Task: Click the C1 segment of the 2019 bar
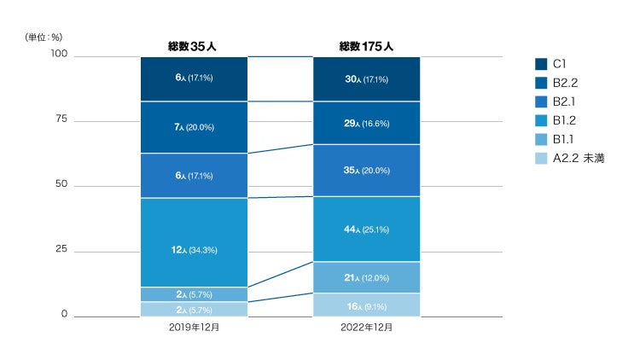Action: point(194,78)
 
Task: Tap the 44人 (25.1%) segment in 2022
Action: point(366,229)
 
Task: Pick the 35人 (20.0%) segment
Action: point(366,171)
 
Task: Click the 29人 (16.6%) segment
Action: point(366,123)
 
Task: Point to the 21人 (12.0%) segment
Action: point(366,277)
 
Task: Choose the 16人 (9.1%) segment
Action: point(366,305)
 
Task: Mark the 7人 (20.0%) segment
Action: point(194,127)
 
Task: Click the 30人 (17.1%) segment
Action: point(366,78)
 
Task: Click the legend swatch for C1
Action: point(541,64)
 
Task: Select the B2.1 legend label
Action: point(565,102)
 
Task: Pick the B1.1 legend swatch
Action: point(541,139)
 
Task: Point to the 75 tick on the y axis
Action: point(61,119)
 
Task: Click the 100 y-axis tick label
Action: point(59,55)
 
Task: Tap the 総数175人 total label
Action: point(366,46)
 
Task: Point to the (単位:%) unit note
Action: point(44,37)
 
